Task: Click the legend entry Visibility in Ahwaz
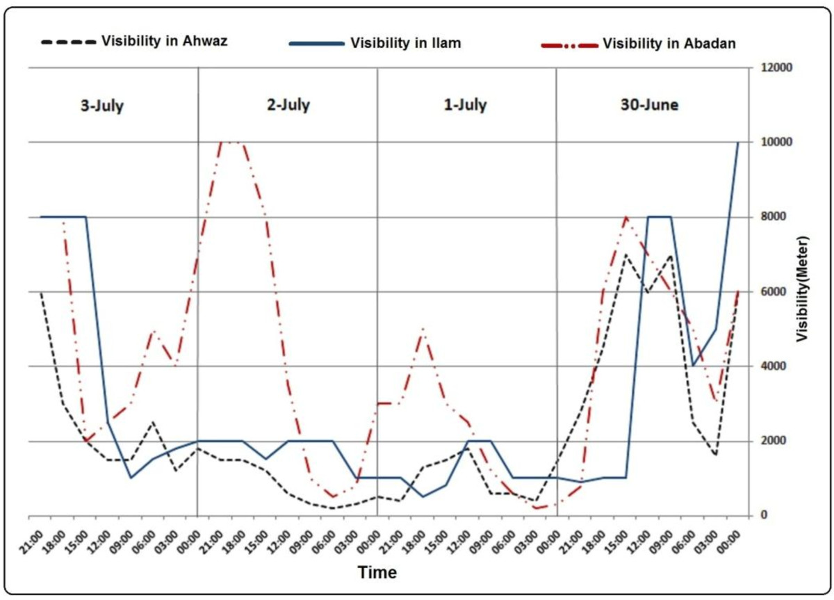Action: tap(165, 40)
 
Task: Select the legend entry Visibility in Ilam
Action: tap(406, 43)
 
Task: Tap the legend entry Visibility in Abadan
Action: tap(669, 44)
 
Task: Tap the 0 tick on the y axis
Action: tap(763, 515)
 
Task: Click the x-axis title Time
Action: tap(377, 573)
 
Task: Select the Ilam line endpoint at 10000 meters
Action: tap(737, 143)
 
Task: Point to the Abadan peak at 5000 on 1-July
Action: tap(423, 329)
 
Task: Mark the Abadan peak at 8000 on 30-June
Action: tap(625, 217)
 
